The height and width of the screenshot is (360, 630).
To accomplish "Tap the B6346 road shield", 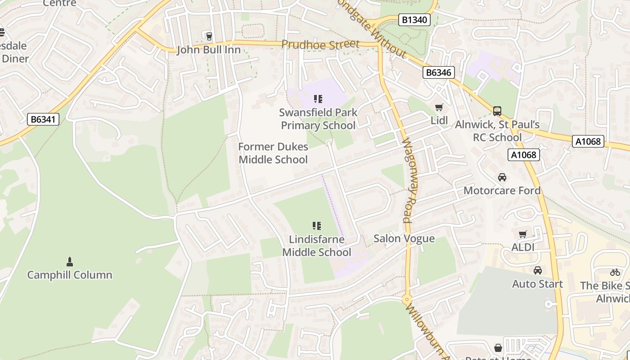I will point(439,72).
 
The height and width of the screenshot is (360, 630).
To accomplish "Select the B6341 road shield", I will point(43,119).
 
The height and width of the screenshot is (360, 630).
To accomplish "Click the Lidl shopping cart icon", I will point(439,107).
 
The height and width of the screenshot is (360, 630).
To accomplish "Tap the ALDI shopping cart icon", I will point(522,234).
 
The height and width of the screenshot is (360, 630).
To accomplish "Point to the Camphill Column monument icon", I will point(70,261).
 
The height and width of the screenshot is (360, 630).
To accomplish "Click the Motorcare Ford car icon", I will point(502,177).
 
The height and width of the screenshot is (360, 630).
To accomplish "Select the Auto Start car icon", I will point(537,270).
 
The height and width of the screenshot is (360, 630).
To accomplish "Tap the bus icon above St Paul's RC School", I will point(497,111).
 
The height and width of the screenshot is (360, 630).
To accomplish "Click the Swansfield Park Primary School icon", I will point(318,99).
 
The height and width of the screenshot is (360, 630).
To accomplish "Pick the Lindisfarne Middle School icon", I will point(317,226).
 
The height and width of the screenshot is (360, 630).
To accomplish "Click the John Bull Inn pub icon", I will point(208,36).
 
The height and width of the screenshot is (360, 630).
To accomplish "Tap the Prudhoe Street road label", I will point(320,44).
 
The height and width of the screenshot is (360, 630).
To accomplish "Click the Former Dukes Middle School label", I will point(273,153).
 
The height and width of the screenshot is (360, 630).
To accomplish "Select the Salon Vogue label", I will point(404,238).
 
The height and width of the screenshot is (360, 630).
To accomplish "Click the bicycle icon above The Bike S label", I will point(615,272).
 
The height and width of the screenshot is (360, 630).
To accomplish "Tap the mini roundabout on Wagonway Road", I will point(407,299).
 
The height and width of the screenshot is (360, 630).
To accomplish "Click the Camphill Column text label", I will point(70,275).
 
